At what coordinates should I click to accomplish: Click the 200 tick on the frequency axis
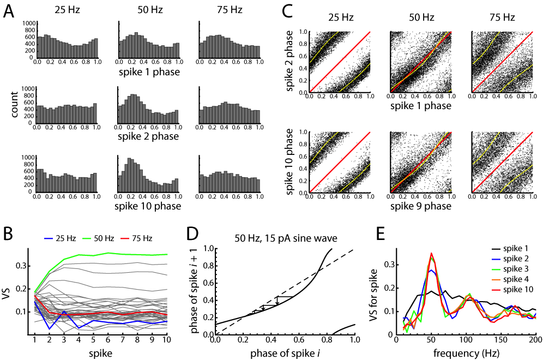pyautogui.click(x=535, y=340)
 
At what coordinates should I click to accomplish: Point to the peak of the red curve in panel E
pyautogui.click(x=431, y=253)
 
